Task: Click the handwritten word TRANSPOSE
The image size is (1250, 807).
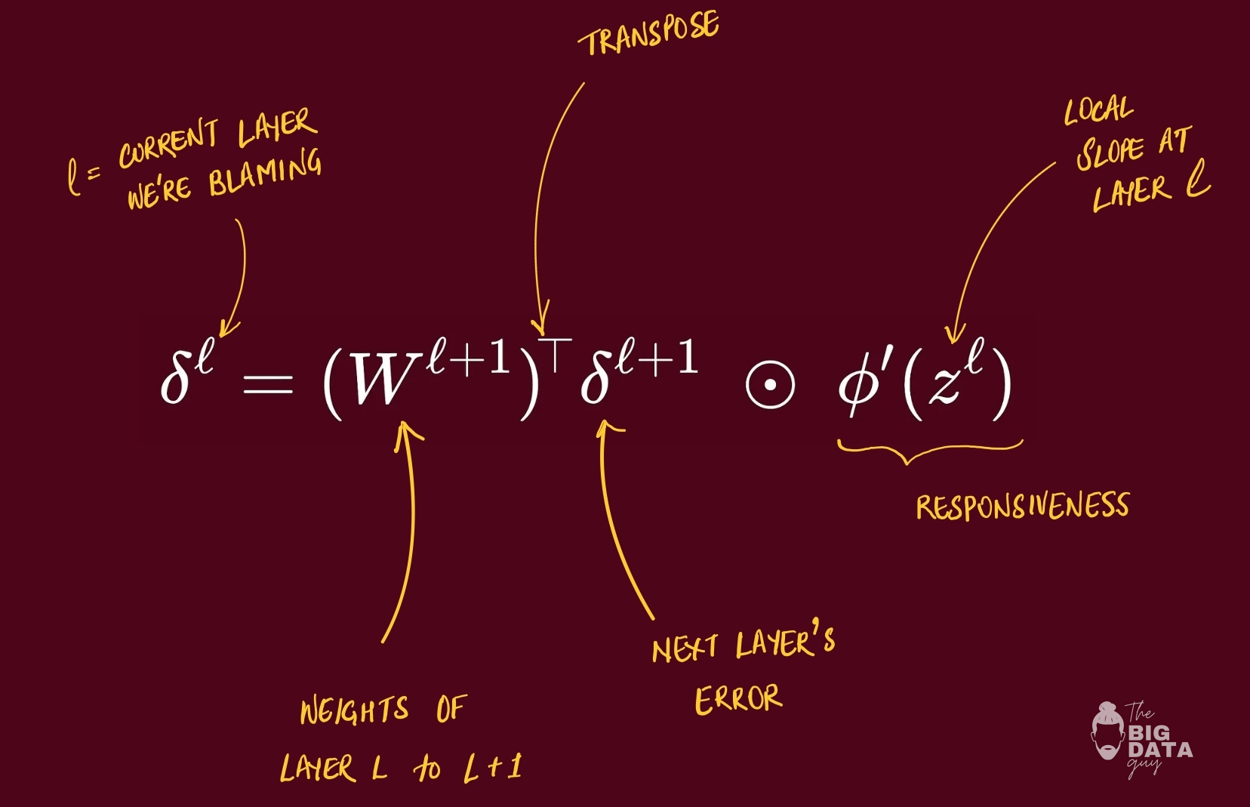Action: tap(649, 34)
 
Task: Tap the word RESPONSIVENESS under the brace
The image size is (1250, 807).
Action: tap(1022, 506)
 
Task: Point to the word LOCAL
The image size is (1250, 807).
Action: tap(1098, 111)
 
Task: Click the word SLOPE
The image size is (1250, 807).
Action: tap(1109, 152)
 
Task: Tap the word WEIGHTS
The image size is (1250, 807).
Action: tap(354, 710)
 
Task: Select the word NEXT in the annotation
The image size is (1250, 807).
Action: tap(684, 648)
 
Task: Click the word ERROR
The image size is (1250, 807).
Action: tap(737, 699)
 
